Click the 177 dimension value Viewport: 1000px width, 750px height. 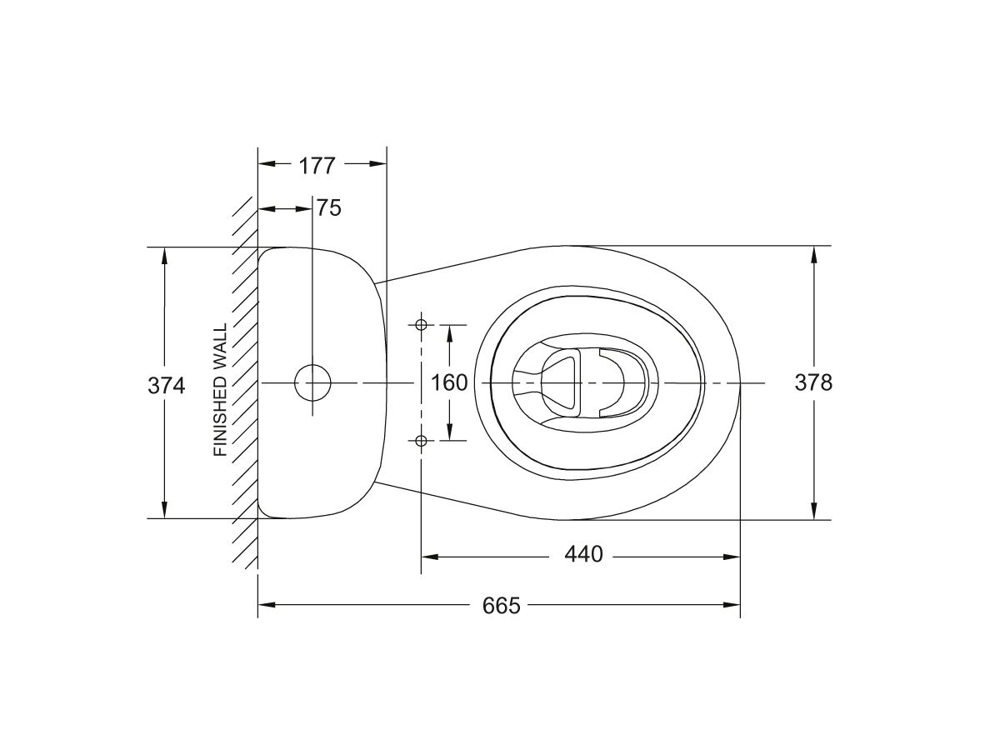coord(317,165)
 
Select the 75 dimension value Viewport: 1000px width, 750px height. coord(329,208)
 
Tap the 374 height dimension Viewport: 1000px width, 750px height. coord(166,384)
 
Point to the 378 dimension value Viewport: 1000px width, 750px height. coord(813,382)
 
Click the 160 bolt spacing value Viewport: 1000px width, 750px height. coord(449,382)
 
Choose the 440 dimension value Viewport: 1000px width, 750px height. coord(582,554)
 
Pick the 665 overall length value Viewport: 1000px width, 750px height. coord(501,605)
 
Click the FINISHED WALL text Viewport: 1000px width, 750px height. coord(221,390)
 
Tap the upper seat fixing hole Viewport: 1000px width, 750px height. coord(421,324)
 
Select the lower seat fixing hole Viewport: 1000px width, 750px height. coord(421,440)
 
